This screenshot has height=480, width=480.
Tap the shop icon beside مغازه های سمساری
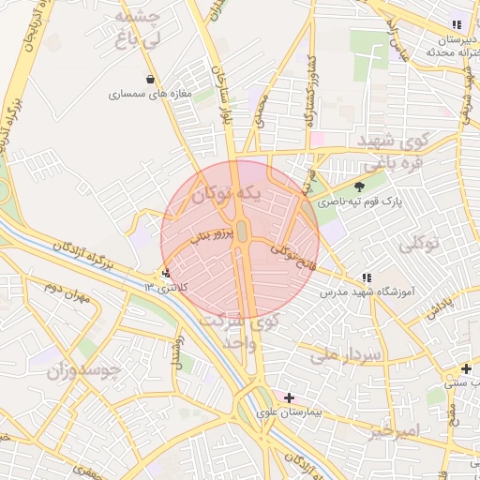click(151, 79)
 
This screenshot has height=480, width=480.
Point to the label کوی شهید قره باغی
click(385, 151)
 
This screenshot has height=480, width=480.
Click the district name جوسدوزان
click(83, 370)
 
